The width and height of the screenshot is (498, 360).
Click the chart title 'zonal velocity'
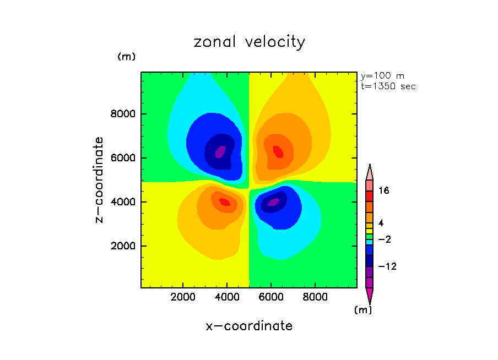point(249,42)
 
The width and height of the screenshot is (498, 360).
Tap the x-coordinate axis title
point(249,326)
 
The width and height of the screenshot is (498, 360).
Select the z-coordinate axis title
point(100,179)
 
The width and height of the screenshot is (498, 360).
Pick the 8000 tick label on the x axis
point(315,297)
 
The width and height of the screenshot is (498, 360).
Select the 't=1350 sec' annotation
point(388,86)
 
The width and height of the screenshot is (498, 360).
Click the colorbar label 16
point(383,191)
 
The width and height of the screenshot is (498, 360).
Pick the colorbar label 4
point(380,223)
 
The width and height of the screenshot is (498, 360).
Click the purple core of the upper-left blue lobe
point(220,151)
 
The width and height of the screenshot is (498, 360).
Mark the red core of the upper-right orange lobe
point(278,151)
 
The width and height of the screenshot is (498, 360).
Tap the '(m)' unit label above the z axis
point(126,57)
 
